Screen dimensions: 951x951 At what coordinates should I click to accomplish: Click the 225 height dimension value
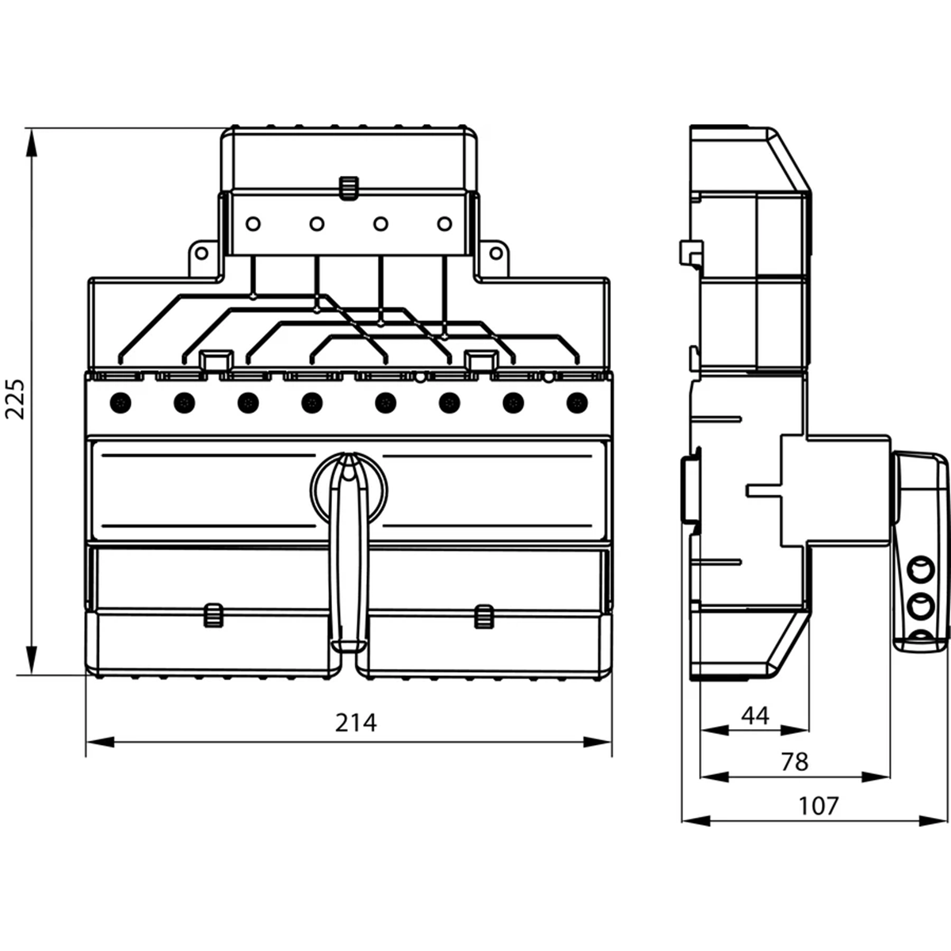pos(14,399)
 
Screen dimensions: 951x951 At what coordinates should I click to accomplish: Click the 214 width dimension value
pos(356,724)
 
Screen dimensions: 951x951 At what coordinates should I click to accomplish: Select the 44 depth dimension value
pos(755,716)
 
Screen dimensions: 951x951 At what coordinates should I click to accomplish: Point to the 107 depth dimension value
pos(819,807)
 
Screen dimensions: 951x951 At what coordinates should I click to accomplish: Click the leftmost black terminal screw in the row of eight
pos(120,403)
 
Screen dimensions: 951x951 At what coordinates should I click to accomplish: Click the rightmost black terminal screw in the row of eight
pos(577,403)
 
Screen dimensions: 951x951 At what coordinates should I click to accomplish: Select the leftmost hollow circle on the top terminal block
pos(253,224)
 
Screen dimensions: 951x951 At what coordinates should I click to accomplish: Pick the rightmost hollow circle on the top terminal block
pos(445,224)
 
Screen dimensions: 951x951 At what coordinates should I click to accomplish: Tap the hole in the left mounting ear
pos(201,254)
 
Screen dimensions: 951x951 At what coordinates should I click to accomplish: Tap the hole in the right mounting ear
pos(495,254)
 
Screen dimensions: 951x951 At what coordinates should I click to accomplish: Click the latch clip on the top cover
pos(349,188)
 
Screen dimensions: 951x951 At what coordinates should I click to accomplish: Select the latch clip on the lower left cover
pos(213,616)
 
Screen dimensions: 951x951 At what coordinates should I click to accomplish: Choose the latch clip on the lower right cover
pos(483,617)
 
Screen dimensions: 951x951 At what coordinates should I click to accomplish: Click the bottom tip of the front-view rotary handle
pos(348,651)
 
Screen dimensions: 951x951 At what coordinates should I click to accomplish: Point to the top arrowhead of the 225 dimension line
pos(31,143)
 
